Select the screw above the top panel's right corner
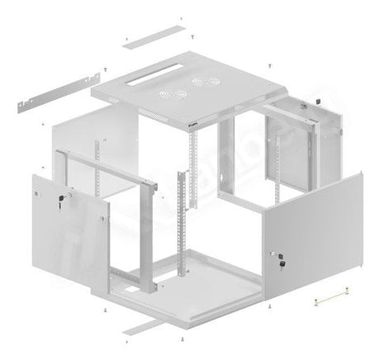271,65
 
